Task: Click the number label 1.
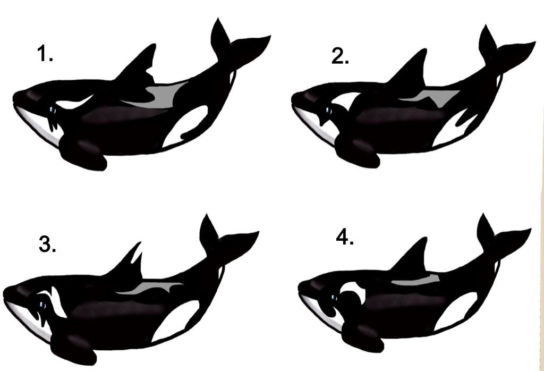[x=45, y=54]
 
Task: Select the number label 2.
[x=340, y=56]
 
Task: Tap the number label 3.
[x=47, y=244]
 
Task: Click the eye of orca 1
[x=52, y=110]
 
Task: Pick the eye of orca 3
[x=41, y=304]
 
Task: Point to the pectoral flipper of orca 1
[x=82, y=153]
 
